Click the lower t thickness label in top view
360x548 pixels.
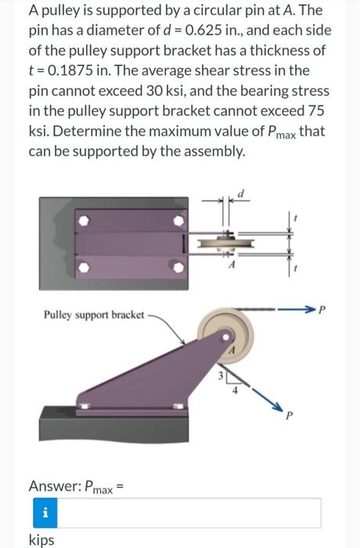pos(295,268)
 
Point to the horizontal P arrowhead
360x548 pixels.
pos(311,311)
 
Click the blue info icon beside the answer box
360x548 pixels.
pos(44,513)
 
